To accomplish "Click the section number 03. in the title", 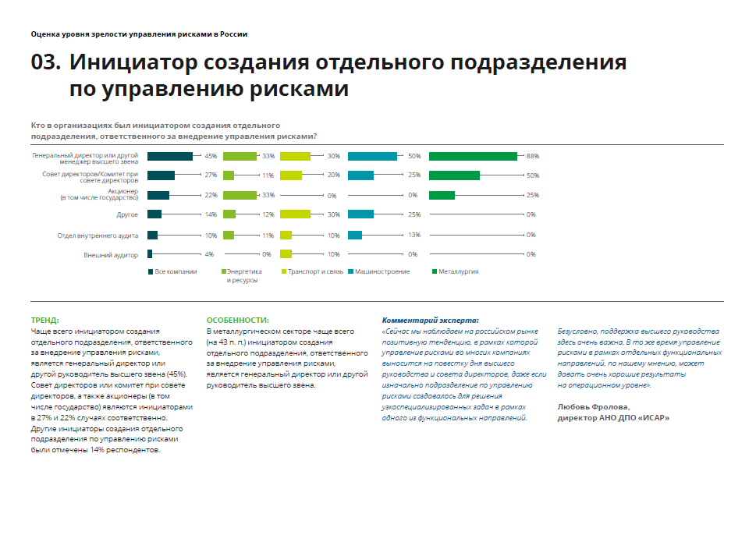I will click(46, 63).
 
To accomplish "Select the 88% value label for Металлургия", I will click(533, 156).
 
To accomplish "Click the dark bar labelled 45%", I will click(169, 156).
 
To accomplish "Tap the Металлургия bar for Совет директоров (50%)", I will click(454, 175).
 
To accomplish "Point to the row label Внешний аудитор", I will click(111, 254).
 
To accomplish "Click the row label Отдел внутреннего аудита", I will click(98, 235).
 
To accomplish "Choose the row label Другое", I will click(128, 214).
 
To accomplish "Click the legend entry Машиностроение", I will click(383, 271).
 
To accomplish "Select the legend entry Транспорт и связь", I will click(315, 271).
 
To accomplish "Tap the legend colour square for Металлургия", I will click(432, 271).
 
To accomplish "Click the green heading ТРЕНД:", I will click(44, 320).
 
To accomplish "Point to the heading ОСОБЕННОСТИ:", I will click(238, 320).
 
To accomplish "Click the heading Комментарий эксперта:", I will click(430, 320).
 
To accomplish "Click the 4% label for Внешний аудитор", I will click(209, 254).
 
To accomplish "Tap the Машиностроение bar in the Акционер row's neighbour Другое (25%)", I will click(360, 214).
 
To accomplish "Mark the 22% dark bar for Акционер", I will click(158, 195).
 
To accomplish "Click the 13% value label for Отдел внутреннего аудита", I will click(414, 235).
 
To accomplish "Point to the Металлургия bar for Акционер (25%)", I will click(442, 195).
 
